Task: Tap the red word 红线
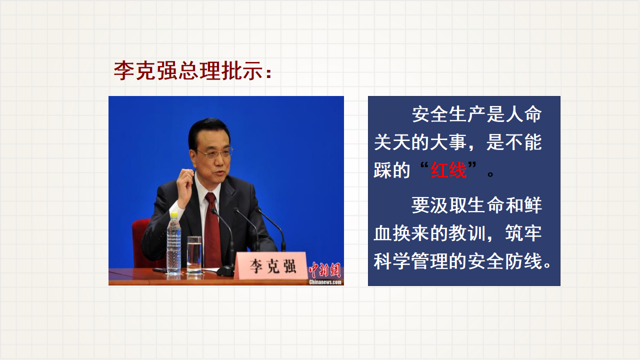click(x=448, y=170)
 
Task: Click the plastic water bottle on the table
click(x=173, y=243)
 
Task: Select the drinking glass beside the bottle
click(x=194, y=254)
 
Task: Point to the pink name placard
click(x=270, y=265)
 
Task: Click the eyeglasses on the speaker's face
click(x=215, y=153)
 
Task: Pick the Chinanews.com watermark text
click(x=325, y=282)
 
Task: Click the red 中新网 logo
click(x=325, y=269)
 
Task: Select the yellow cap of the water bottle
click(x=173, y=215)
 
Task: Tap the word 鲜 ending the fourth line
click(x=532, y=205)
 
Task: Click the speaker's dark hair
click(x=208, y=130)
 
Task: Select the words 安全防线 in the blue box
click(x=505, y=261)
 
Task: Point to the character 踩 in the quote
click(x=382, y=170)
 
